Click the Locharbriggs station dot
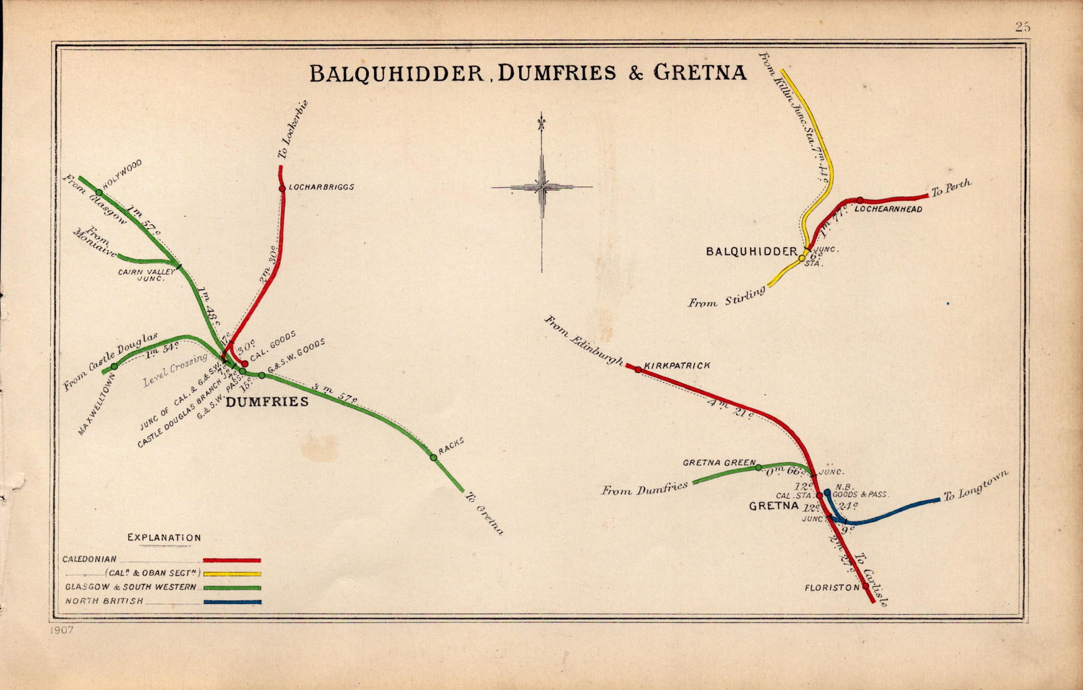point(282,188)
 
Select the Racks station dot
point(433,458)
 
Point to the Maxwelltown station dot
point(114,366)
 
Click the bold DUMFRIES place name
point(267,402)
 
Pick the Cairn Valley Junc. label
point(147,274)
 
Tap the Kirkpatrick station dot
point(638,370)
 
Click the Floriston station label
point(832,588)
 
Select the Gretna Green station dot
point(758,467)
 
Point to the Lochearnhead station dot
point(859,200)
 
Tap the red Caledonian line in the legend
point(231,560)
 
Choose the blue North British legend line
point(231,601)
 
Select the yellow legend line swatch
point(231,574)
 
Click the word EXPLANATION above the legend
point(164,538)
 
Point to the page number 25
point(1022,27)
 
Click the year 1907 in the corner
point(61,630)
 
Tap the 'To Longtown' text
point(975,486)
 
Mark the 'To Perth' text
point(951,188)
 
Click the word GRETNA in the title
point(699,72)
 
